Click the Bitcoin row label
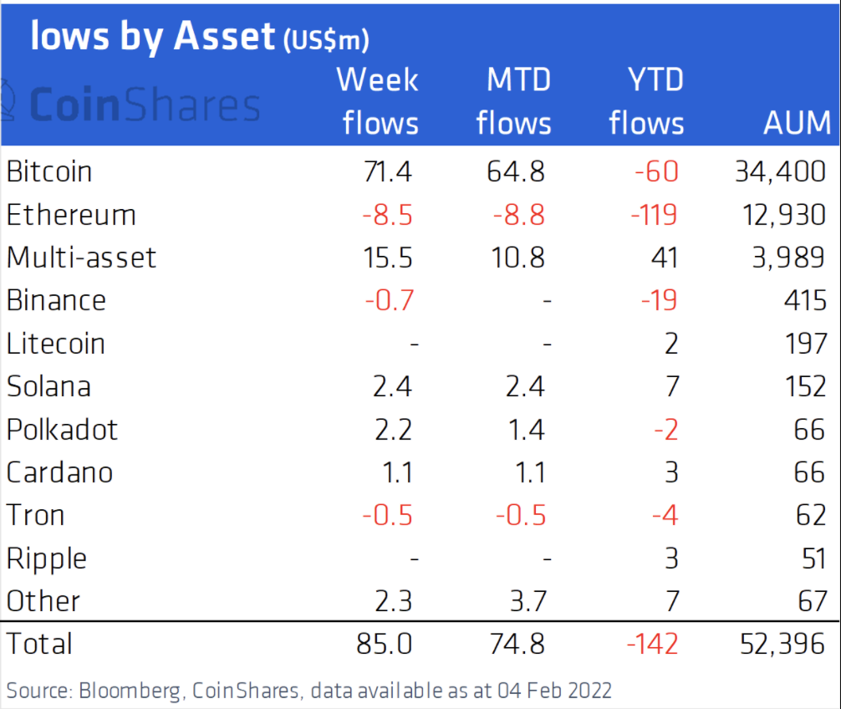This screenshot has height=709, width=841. [x=49, y=171]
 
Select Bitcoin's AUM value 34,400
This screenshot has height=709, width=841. [x=780, y=171]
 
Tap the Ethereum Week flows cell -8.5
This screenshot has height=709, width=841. [x=388, y=215]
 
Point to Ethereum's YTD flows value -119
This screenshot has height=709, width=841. [x=655, y=215]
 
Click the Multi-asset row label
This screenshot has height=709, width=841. [x=81, y=258]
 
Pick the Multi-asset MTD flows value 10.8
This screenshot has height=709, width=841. [x=515, y=258]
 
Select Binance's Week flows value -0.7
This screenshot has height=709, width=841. [x=388, y=300]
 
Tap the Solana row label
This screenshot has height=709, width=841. [x=48, y=386]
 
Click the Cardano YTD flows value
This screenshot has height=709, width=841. [x=671, y=472]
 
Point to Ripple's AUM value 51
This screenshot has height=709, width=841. [x=812, y=559]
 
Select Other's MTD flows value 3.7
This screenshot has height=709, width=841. [x=524, y=601]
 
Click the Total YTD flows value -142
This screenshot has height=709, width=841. [x=655, y=644]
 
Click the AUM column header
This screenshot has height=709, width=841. [x=797, y=123]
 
